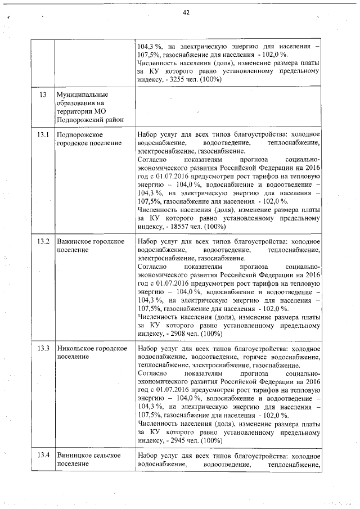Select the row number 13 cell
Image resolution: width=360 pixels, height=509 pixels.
coord(42,94)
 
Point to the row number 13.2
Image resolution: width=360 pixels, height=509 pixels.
coord(43,241)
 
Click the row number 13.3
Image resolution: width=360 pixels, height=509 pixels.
coord(43,348)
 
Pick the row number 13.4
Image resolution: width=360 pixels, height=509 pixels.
coord(43,455)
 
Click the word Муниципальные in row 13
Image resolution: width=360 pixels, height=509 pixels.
coord(82,94)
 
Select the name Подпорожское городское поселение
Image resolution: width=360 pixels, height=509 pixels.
coord(89,139)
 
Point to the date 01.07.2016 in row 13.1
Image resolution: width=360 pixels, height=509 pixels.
coord(171,176)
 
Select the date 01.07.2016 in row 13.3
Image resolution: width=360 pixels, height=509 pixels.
coord(171,389)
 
